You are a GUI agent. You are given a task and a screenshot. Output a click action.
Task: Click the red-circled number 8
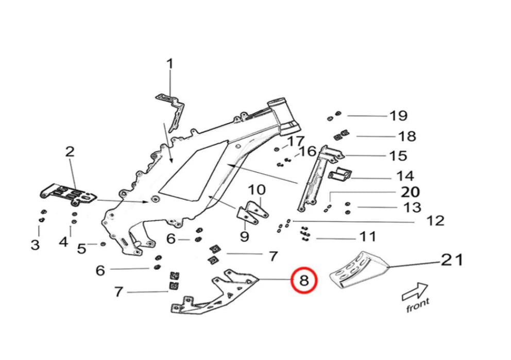click(304, 281)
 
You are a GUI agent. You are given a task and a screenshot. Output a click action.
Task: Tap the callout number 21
click(452, 260)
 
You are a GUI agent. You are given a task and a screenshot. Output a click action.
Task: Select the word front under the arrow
click(417, 306)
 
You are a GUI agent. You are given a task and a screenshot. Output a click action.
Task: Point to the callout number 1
click(169, 64)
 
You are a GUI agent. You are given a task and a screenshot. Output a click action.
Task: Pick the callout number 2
click(70, 151)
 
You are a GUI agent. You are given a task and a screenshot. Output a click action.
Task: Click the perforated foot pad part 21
click(359, 269)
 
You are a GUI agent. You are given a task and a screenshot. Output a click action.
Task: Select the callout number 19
click(398, 116)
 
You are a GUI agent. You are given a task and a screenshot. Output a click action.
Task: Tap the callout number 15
click(398, 156)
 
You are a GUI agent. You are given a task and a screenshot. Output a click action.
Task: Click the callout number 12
click(435, 221)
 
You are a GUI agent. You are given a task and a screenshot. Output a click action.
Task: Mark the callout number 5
click(81, 248)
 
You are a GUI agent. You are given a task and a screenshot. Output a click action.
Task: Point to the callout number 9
click(244, 237)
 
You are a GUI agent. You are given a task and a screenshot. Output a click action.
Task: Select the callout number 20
click(411, 192)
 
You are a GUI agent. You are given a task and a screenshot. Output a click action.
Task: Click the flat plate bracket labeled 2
click(69, 194)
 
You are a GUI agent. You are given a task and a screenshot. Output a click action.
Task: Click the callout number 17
click(296, 141)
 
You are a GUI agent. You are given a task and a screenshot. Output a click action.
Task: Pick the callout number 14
click(405, 177)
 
